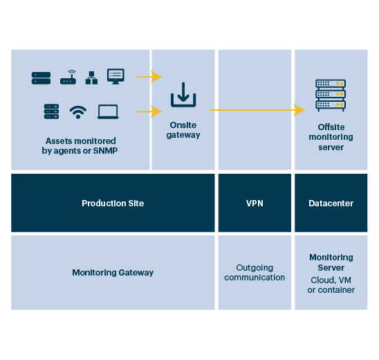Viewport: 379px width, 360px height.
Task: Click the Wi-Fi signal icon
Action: [78, 112]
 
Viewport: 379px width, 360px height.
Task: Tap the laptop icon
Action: [108, 111]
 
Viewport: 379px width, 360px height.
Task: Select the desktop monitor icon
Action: [115, 76]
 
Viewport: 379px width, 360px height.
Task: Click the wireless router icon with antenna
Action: [68, 78]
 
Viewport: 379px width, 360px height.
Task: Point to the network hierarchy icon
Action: [91, 78]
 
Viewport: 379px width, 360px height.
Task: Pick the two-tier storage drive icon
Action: [41, 78]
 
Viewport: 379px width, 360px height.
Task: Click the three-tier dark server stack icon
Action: [51, 111]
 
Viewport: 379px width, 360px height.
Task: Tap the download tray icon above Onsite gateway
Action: [183, 95]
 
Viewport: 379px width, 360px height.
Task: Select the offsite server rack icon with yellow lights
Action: [331, 96]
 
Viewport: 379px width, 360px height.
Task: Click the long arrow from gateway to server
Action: [257, 110]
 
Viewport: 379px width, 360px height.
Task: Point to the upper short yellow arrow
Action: [149, 77]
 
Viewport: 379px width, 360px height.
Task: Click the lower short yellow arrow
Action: [149, 111]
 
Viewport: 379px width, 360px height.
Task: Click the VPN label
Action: [255, 204]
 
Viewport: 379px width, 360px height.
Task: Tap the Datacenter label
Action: [331, 204]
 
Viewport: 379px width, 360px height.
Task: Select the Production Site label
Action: [113, 204]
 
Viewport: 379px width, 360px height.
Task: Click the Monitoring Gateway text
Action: [113, 273]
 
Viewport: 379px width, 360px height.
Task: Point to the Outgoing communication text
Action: [255, 272]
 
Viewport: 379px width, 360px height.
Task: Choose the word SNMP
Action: [105, 151]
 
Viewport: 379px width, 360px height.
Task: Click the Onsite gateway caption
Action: [183, 130]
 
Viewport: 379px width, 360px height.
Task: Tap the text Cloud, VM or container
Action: [331, 285]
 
